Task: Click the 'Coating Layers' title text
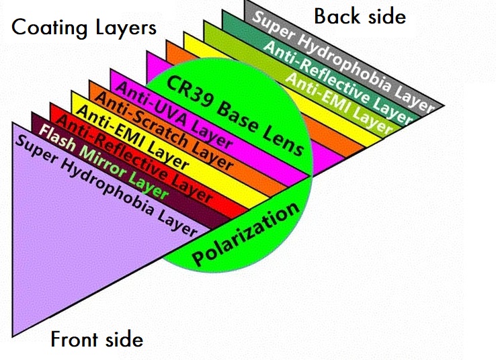[x=84, y=28]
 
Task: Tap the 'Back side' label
[x=360, y=15]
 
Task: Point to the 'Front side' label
[x=97, y=339]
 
